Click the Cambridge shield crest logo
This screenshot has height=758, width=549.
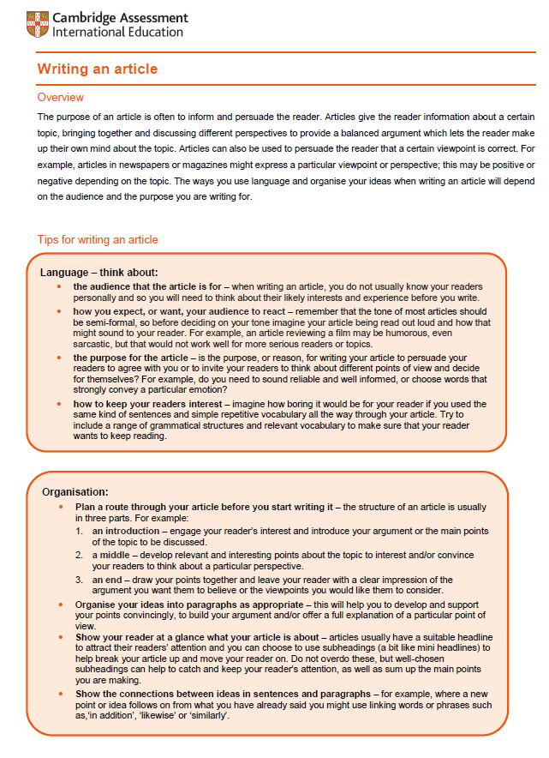pyautogui.click(x=38, y=25)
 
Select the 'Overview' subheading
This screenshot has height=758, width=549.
pyautogui.click(x=61, y=98)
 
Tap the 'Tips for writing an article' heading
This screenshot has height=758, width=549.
pyautogui.click(x=98, y=239)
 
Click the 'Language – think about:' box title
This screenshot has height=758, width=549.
pyautogui.click(x=99, y=273)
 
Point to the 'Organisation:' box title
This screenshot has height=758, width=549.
pyautogui.click(x=75, y=492)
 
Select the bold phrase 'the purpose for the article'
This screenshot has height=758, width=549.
pyautogui.click(x=130, y=358)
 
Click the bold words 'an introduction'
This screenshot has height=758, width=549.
pyautogui.click(x=127, y=532)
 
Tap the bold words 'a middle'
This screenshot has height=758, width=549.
pyautogui.click(x=111, y=556)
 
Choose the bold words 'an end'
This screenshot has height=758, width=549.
pyautogui.click(x=108, y=581)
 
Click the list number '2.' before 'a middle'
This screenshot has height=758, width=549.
pyautogui.click(x=79, y=556)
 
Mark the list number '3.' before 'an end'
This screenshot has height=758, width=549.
pyautogui.click(x=79, y=581)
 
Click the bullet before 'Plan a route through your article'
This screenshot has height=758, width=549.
pyautogui.click(x=60, y=508)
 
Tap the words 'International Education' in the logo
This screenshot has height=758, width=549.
pyautogui.click(x=117, y=33)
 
